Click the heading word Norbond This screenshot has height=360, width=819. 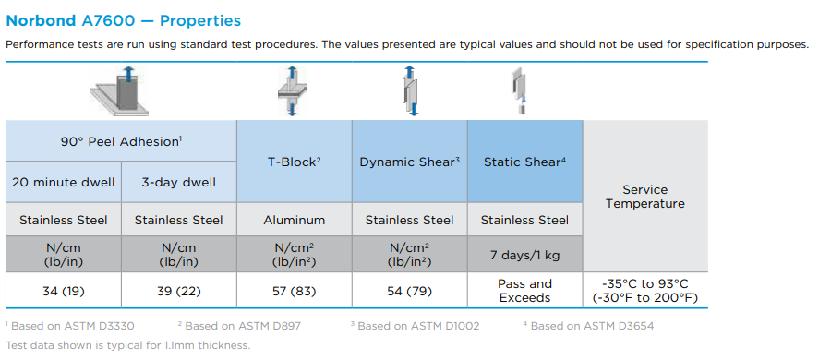[x=42, y=21]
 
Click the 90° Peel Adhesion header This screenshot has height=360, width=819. [x=121, y=141]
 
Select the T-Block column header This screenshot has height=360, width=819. [x=294, y=162]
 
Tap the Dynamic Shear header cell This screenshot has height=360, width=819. [x=410, y=162]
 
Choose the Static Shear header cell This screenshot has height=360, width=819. [x=525, y=162]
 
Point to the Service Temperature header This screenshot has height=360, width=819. [x=645, y=197]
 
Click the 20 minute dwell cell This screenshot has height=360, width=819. [x=64, y=183]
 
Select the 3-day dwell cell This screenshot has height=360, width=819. [x=178, y=183]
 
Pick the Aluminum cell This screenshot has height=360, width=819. [x=294, y=220]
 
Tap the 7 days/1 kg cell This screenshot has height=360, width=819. [x=525, y=255]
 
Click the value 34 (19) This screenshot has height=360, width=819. [x=64, y=291]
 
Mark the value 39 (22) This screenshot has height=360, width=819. [x=178, y=291]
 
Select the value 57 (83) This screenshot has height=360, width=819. [x=294, y=291]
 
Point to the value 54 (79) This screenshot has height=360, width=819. [x=410, y=291]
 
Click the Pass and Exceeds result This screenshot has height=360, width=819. [x=525, y=291]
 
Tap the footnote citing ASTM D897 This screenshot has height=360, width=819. [x=239, y=326]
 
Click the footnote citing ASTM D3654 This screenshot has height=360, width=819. [x=588, y=326]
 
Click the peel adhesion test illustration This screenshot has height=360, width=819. [x=119, y=90]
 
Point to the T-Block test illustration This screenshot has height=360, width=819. [x=292, y=90]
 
